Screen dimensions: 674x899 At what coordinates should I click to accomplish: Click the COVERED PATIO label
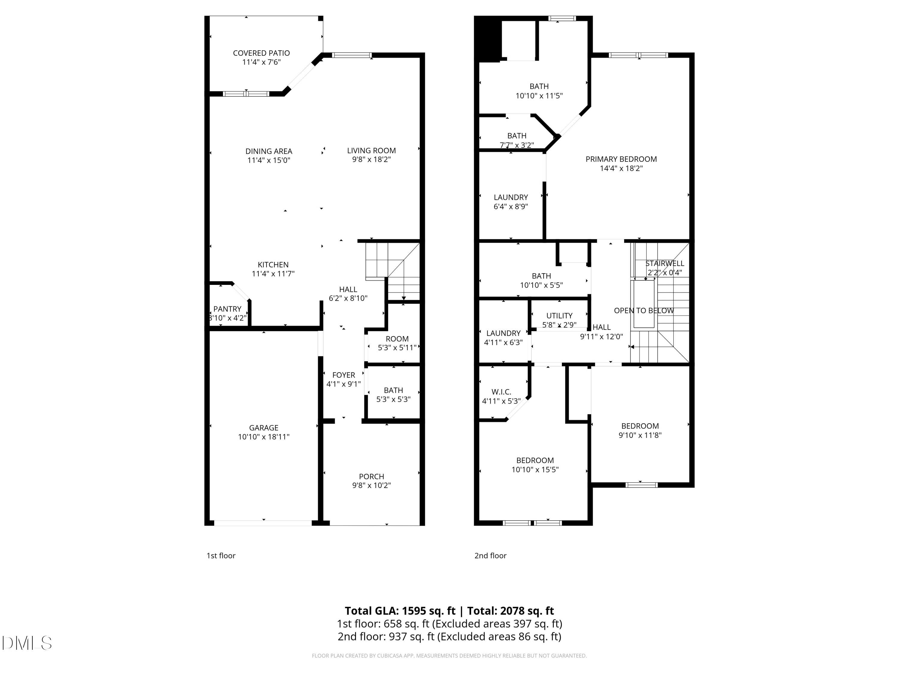261,53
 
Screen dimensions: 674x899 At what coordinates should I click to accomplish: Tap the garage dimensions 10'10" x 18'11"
263,437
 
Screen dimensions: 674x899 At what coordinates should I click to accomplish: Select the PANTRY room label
227,309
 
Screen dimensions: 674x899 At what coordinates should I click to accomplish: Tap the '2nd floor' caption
490,556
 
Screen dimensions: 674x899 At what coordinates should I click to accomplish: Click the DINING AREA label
269,151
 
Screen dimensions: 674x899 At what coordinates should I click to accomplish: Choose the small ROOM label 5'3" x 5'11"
397,339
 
